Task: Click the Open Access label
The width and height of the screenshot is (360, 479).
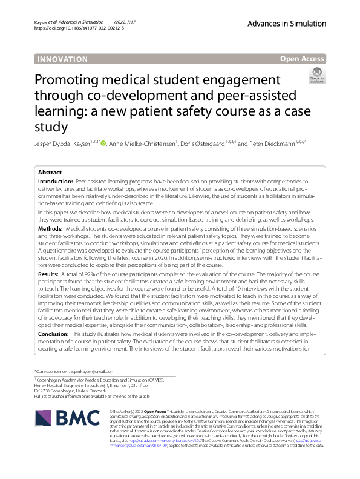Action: tap(303, 59)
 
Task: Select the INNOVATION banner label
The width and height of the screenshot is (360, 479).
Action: tap(62, 59)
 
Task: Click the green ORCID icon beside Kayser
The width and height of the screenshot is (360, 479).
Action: tap(103, 144)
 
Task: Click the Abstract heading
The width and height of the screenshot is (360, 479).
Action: tap(50, 173)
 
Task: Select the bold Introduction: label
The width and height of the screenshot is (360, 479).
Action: tap(56, 182)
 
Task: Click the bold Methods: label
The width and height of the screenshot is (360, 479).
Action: tap(51, 229)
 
